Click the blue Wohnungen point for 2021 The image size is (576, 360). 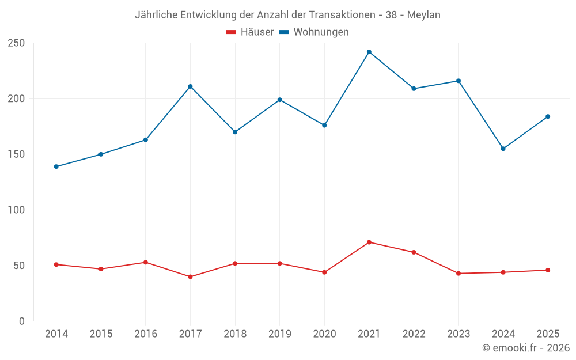pyautogui.click(x=369, y=52)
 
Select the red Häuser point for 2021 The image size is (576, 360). pyautogui.click(x=369, y=242)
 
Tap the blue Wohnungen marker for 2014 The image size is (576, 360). pyautogui.click(x=56, y=167)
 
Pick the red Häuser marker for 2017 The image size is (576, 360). pyautogui.click(x=190, y=277)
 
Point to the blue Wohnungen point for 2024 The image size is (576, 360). pyautogui.click(x=503, y=149)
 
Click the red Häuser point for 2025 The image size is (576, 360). pyautogui.click(x=548, y=270)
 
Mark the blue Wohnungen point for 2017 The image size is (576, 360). pyautogui.click(x=190, y=87)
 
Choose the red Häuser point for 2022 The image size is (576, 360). pyautogui.click(x=414, y=252)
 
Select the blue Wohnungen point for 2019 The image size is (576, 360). pyautogui.click(x=280, y=100)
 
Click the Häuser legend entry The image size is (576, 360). pyautogui.click(x=250, y=32)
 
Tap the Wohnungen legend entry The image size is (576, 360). pyautogui.click(x=314, y=32)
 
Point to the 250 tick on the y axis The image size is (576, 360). pyautogui.click(x=17, y=43)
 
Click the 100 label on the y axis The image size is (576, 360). pyautogui.click(x=17, y=210)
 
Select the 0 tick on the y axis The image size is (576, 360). pyautogui.click(x=22, y=321)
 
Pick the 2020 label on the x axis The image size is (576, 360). pyautogui.click(x=324, y=334)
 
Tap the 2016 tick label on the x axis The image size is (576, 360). pyautogui.click(x=146, y=334)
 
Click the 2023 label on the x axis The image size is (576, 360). pyautogui.click(x=458, y=334)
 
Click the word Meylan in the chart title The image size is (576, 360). pyautogui.click(x=423, y=15)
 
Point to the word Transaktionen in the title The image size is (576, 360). pyautogui.click(x=342, y=15)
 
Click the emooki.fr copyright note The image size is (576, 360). pyautogui.click(x=526, y=347)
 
